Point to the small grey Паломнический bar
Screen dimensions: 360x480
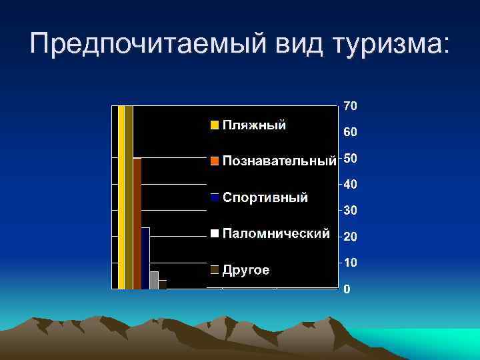(154, 280)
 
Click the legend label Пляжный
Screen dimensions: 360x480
(254, 125)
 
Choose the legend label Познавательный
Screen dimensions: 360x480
(279, 161)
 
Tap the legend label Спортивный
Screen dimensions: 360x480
(265, 197)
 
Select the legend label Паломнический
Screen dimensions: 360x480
(276, 233)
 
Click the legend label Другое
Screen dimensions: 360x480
(246, 270)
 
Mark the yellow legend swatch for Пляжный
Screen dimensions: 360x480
(215, 125)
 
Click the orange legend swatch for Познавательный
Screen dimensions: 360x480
(215, 161)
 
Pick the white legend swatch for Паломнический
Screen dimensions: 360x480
(215, 233)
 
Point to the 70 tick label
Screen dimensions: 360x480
(350, 105)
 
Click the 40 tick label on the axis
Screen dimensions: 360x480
(350, 184)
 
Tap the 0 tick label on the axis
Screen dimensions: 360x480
(347, 289)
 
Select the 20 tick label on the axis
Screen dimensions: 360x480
(350, 237)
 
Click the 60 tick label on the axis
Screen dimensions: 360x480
(350, 132)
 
